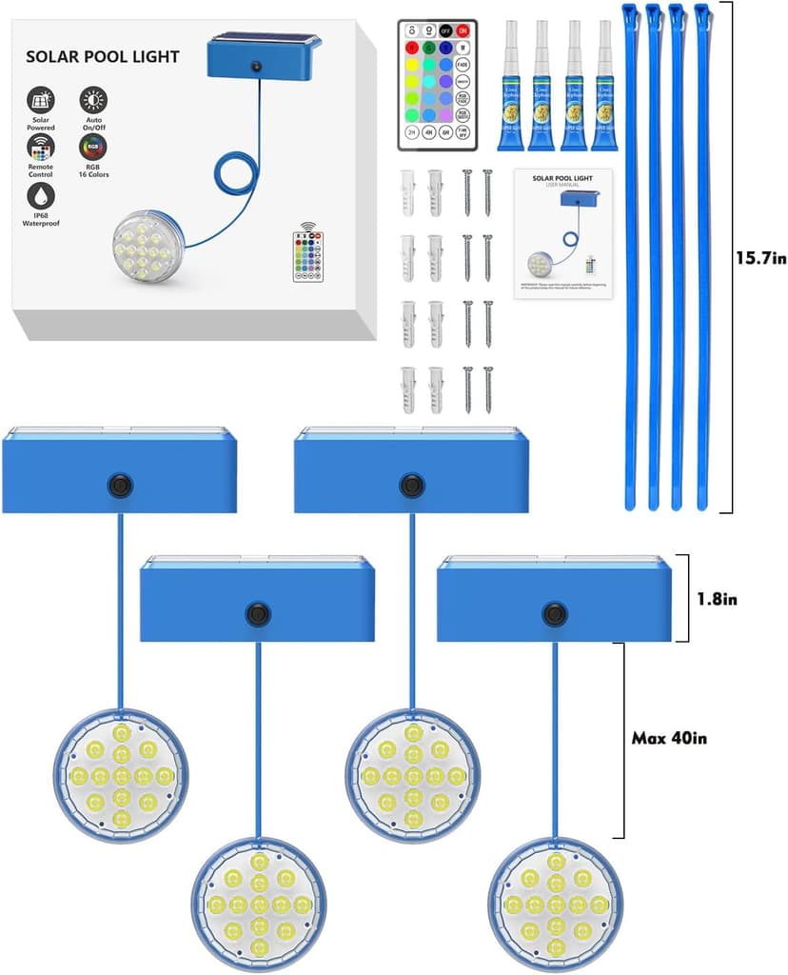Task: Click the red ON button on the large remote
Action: (463, 29)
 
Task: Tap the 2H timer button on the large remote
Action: (412, 131)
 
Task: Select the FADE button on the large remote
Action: (463, 64)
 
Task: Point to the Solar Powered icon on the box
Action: (41, 100)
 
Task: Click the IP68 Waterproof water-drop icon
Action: (41, 195)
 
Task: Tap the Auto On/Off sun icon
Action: (93, 100)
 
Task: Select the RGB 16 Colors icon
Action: (93, 148)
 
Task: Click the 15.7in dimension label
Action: (760, 258)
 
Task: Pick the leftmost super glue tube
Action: (513, 86)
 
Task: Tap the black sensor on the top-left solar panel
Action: (118, 485)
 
